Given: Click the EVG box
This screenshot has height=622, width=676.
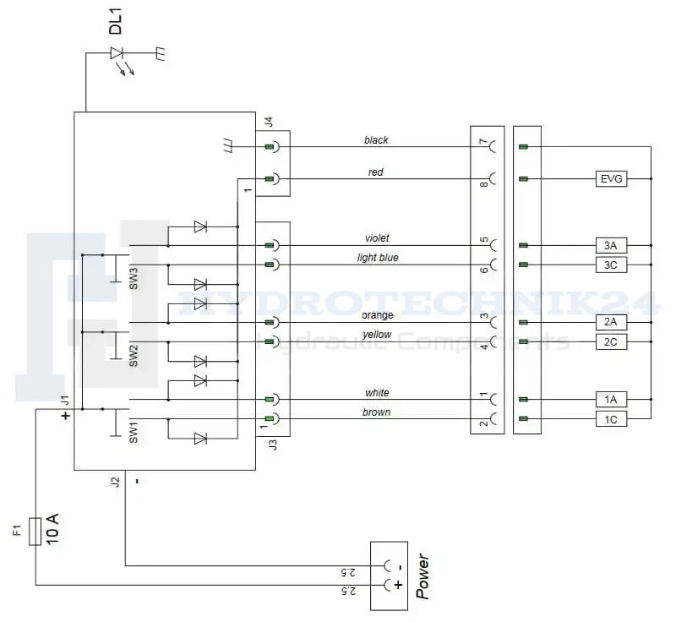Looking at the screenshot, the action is click(x=611, y=178).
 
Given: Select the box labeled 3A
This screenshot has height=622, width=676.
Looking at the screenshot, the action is click(x=611, y=245).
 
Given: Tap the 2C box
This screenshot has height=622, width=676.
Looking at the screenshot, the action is click(x=611, y=341).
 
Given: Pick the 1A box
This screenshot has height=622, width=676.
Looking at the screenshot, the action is click(x=611, y=400).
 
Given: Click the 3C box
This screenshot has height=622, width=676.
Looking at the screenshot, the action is click(x=611, y=265).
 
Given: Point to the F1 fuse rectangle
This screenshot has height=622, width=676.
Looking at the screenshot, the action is click(x=35, y=532).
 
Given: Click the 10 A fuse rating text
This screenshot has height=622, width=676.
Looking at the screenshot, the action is click(x=52, y=529).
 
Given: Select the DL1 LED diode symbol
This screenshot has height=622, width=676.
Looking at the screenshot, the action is click(x=117, y=53).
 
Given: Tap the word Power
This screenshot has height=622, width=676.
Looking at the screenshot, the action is click(x=422, y=576).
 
